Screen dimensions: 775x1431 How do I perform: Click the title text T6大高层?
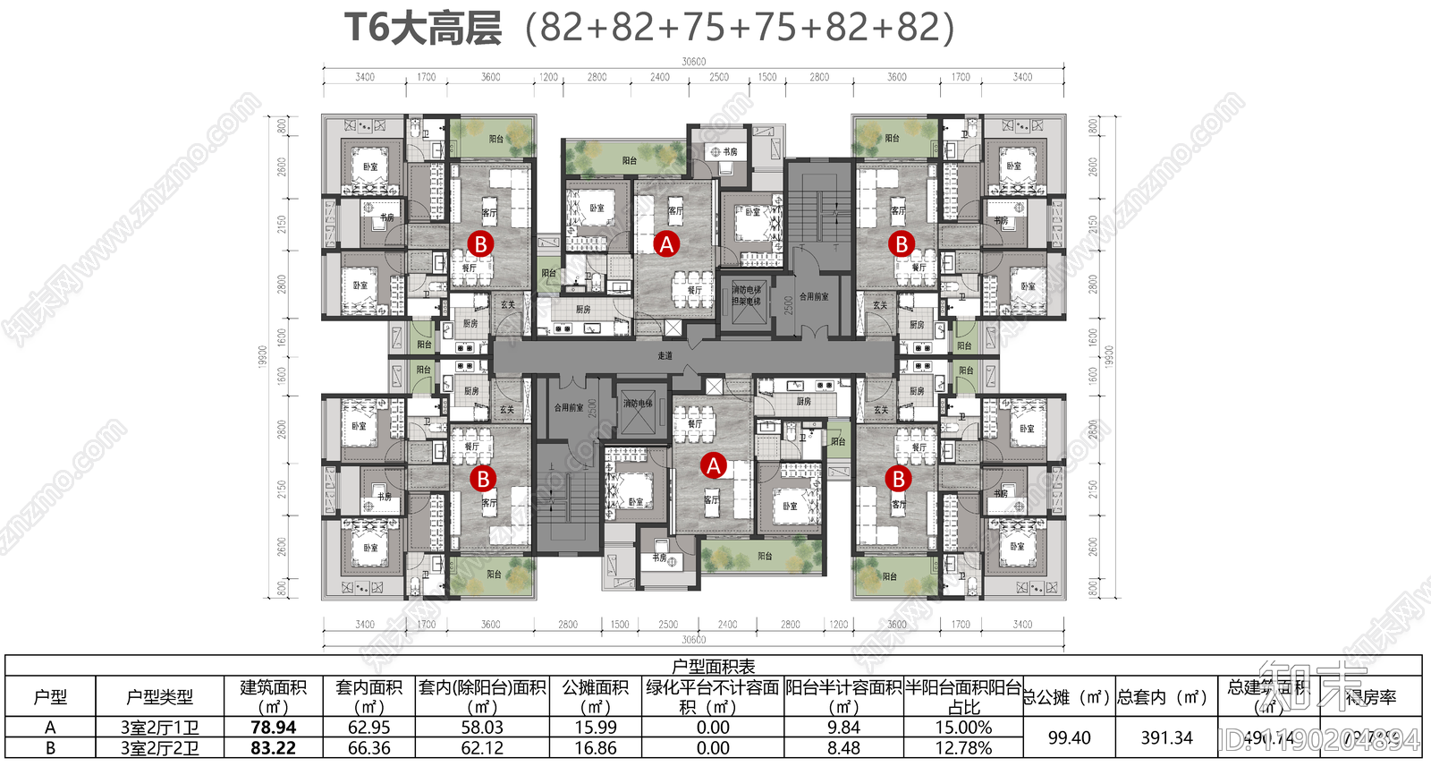pos(423,29)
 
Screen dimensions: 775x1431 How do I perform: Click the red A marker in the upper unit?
pos(666,243)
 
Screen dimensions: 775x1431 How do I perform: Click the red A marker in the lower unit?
pos(713,465)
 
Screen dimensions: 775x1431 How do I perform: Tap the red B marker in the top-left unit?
pos(481,243)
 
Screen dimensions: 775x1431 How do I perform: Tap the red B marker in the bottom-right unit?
pos(898,479)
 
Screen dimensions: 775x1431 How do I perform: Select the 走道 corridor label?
pos(665,356)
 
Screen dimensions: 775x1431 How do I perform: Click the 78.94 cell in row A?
pos(273,728)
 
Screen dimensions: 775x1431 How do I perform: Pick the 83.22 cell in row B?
pos(273,748)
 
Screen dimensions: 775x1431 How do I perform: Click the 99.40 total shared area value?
pos(1069,738)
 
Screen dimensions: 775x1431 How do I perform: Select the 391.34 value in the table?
pos(1166,738)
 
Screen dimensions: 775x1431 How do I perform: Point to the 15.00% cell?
pos(963,728)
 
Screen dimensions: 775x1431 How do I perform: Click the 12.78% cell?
pos(963,748)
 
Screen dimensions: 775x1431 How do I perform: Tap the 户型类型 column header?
pos(159,697)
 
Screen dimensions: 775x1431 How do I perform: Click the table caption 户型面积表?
pos(713,666)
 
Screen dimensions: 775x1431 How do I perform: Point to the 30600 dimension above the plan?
pos(693,62)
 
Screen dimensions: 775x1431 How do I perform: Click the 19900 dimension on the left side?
pos(263,356)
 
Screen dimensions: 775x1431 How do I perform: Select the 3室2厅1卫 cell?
pos(159,728)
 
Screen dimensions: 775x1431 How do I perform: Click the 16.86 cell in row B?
pos(595,748)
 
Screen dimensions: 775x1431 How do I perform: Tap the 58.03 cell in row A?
pos(482,728)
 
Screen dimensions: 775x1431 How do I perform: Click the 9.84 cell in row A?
pos(843,728)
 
